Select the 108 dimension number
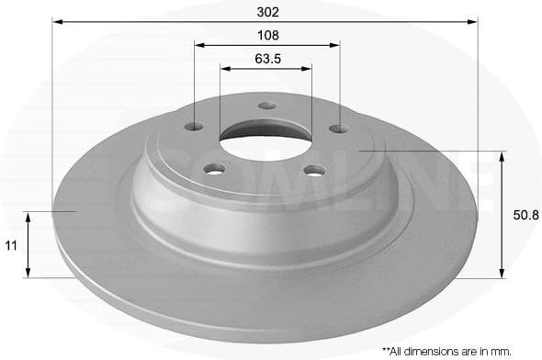click(x=267, y=35)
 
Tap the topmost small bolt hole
click(x=267, y=106)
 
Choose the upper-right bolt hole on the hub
click(x=338, y=129)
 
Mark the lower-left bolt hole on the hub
click(x=215, y=168)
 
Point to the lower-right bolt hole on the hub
click(x=315, y=170)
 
